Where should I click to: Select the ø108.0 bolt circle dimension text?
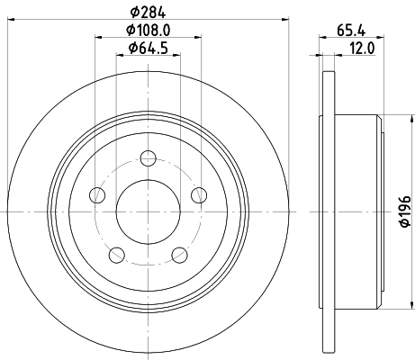tap(148, 30)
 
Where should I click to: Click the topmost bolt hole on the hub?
tap(148, 162)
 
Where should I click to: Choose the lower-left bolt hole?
tap(116, 255)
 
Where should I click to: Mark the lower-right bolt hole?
tap(179, 255)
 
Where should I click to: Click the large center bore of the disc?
tap(148, 212)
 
